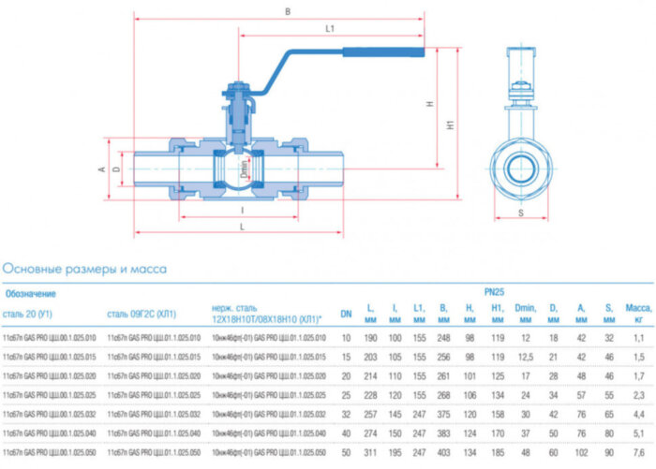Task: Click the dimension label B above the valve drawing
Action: point(288,11)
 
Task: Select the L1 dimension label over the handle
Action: point(330,29)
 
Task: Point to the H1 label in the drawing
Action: point(451,123)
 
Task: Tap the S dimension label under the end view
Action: point(522,213)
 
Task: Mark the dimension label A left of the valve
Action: point(100,169)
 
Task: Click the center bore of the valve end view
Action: point(522,169)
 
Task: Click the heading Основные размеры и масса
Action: point(84,269)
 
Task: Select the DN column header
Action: point(346,313)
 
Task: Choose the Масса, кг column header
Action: point(638,313)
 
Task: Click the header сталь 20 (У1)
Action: point(29,313)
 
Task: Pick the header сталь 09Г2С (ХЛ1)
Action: point(141,313)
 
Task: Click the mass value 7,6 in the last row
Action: point(638,453)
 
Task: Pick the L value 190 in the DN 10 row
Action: point(370,336)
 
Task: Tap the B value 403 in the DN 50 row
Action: point(444,453)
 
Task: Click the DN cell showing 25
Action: point(346,394)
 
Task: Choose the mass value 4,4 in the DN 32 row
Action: point(638,414)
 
